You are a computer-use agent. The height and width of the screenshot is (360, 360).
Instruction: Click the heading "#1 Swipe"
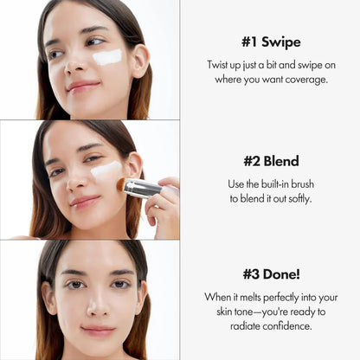[270, 41]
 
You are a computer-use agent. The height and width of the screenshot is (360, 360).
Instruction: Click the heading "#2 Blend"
[270, 161]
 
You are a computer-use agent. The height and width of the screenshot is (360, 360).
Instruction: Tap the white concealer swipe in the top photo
[107, 57]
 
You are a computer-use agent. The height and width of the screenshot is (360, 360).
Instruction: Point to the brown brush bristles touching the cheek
[122, 184]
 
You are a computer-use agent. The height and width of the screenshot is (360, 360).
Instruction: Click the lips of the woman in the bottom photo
[97, 330]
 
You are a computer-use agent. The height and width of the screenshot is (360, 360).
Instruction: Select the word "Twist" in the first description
[220, 65]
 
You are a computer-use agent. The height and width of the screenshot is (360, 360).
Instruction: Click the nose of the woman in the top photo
[74, 67]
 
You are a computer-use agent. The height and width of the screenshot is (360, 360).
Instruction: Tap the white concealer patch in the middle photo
[106, 170]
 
